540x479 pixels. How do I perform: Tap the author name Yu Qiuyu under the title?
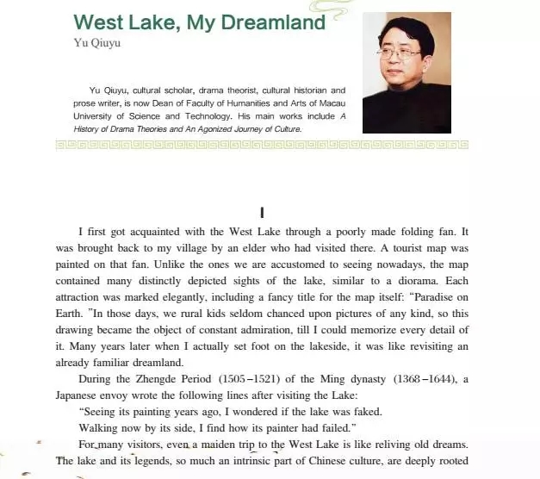pyautogui.click(x=96, y=41)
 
